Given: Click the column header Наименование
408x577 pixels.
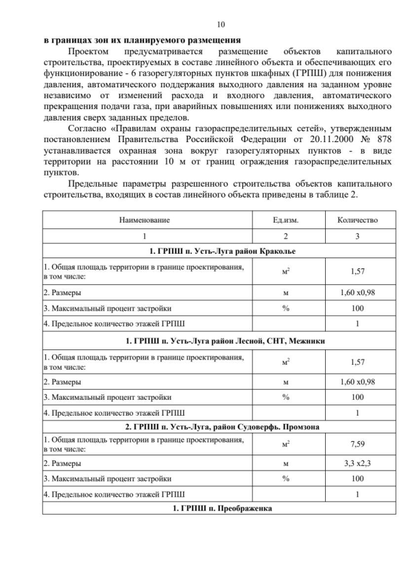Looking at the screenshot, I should tap(145, 220).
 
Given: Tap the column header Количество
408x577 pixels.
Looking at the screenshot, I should tap(357, 220).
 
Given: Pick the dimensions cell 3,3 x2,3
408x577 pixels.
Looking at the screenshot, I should tap(357, 464).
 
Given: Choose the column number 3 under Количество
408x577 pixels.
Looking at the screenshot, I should tap(357, 236).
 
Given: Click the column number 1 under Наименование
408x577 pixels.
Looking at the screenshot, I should tap(145, 236).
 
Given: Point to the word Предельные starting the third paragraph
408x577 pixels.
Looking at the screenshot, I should tap(94, 183).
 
